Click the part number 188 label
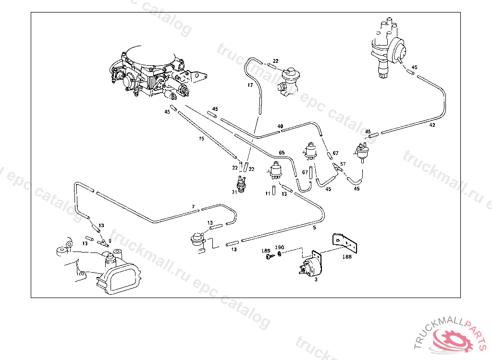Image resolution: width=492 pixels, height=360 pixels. point(347,257)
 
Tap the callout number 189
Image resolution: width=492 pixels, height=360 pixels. point(266,251)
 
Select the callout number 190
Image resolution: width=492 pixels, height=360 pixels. point(279,248)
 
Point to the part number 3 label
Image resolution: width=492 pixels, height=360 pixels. point(316,278)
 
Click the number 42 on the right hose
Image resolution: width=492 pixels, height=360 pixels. point(432,125)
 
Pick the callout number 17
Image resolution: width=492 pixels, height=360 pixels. point(250,85)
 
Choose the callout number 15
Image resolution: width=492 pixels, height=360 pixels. point(201,139)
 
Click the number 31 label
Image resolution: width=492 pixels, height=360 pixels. point(234,192)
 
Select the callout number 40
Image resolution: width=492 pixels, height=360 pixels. point(280,127)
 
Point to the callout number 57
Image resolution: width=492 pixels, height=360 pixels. point(343,164)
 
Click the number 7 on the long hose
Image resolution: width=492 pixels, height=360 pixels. point(193,207)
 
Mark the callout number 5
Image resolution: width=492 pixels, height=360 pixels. point(314,228)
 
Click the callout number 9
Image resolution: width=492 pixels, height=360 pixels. point(110,240)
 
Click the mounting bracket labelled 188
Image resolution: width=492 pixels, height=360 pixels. point(347,242)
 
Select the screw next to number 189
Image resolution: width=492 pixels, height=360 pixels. point(269,257)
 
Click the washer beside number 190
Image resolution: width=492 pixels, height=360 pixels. point(280,253)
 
